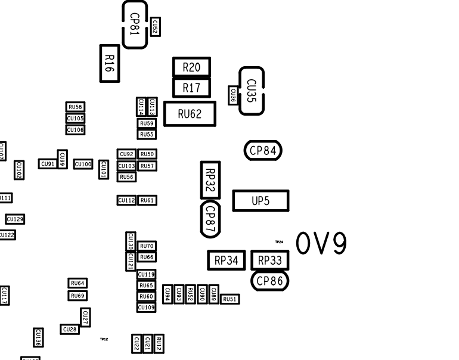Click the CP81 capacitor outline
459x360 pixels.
(135, 24)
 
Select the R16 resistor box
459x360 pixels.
(109, 63)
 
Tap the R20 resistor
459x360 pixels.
(191, 67)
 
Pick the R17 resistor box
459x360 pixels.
(191, 88)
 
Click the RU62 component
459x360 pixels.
(190, 114)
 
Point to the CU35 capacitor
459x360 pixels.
(251, 91)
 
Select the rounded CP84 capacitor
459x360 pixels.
(263, 151)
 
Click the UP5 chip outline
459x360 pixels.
(260, 201)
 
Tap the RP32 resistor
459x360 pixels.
(210, 180)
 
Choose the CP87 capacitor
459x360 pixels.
(210, 219)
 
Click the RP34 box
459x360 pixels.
(227, 260)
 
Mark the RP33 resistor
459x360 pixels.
(269, 260)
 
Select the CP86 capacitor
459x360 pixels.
(269, 281)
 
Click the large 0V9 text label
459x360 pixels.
(321, 244)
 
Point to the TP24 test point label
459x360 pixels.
(279, 242)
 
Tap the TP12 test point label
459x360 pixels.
(104, 339)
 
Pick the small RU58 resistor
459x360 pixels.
(75, 107)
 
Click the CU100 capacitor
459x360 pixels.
(83, 164)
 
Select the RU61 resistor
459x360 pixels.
(147, 200)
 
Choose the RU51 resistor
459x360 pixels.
(230, 299)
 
